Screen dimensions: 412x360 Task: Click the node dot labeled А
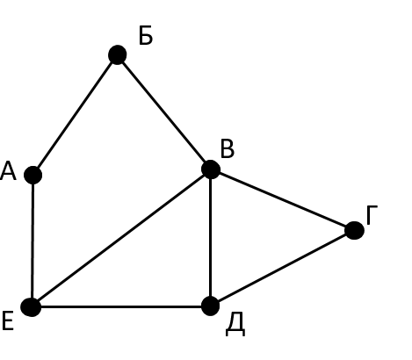[33, 175]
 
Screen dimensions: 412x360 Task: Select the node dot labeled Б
[118, 54]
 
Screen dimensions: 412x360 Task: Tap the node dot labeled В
[211, 169]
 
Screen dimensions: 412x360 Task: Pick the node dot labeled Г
[354, 230]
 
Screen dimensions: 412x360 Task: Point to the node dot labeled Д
[211, 306]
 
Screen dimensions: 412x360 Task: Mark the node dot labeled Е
[31, 307]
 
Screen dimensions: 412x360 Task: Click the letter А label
[8, 171]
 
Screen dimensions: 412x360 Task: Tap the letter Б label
[146, 35]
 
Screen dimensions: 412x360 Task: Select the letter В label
[228, 149]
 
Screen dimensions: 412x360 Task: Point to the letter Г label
[372, 215]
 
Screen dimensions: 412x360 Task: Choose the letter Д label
[235, 327]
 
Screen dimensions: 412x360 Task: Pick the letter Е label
[8, 321]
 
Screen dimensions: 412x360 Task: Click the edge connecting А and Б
[76, 115]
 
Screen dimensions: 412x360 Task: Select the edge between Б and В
[164, 112]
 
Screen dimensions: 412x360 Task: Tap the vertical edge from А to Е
[33, 241]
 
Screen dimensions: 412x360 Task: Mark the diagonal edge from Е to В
[121, 238]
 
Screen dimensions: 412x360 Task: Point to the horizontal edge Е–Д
[121, 306]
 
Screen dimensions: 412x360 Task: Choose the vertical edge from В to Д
[211, 238]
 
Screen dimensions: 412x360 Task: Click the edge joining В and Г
[283, 200]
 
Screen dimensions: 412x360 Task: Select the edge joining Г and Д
[283, 268]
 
